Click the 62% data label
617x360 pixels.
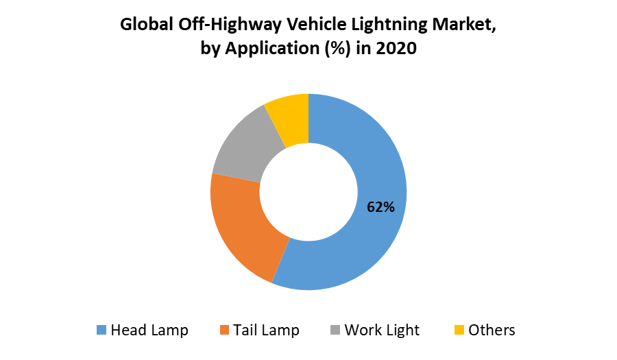pyautogui.click(x=380, y=207)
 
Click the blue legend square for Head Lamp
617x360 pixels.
pyautogui.click(x=101, y=331)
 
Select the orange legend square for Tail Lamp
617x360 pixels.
pyautogui.click(x=223, y=331)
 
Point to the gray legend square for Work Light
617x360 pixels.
pyautogui.click(x=335, y=331)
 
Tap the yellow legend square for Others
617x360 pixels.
pyautogui.click(x=459, y=331)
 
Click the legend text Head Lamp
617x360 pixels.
pyautogui.click(x=149, y=331)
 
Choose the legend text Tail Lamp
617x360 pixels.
pyautogui.click(x=266, y=331)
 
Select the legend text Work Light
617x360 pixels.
pyautogui.click(x=382, y=331)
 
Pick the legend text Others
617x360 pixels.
pyautogui.click(x=492, y=331)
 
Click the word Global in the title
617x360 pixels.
pyautogui.click(x=146, y=25)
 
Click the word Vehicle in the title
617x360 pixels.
pyautogui.click(x=308, y=25)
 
